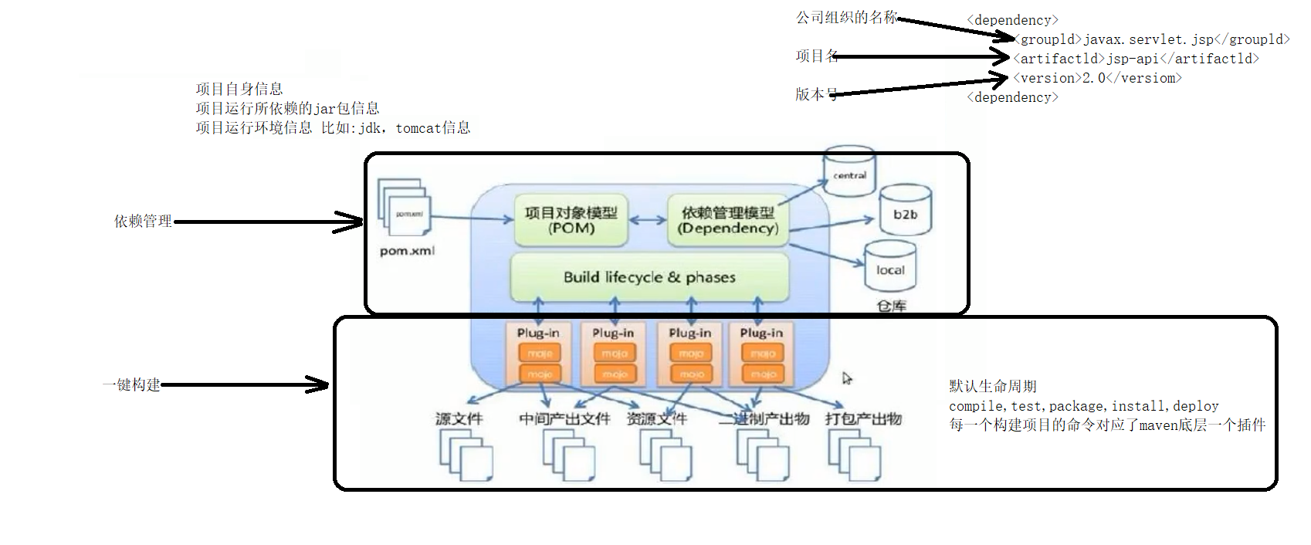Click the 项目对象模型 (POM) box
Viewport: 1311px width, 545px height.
coord(571,220)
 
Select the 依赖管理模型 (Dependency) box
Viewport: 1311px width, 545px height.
coord(727,220)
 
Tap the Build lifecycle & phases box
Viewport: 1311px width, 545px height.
coord(649,277)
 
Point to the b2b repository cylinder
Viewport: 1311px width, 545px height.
coord(905,211)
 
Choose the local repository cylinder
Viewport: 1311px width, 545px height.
coord(889,267)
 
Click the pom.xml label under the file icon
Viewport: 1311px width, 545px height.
coord(407,251)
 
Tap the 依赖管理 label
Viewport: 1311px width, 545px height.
coord(143,222)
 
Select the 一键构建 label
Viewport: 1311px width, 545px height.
coord(131,384)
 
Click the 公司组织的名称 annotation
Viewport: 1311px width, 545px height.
coord(846,17)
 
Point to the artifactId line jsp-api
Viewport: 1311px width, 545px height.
coord(1136,59)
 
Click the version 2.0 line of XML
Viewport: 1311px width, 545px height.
coord(1097,78)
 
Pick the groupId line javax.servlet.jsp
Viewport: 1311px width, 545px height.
coord(1151,39)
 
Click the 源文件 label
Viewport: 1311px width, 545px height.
coord(459,418)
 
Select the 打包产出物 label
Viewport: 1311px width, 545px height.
coord(863,418)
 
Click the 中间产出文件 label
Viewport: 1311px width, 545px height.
coord(564,418)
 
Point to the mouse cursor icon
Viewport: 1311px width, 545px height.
coord(847,378)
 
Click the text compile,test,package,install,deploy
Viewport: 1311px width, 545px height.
coord(1083,406)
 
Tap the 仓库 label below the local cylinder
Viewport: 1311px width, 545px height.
coord(891,306)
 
